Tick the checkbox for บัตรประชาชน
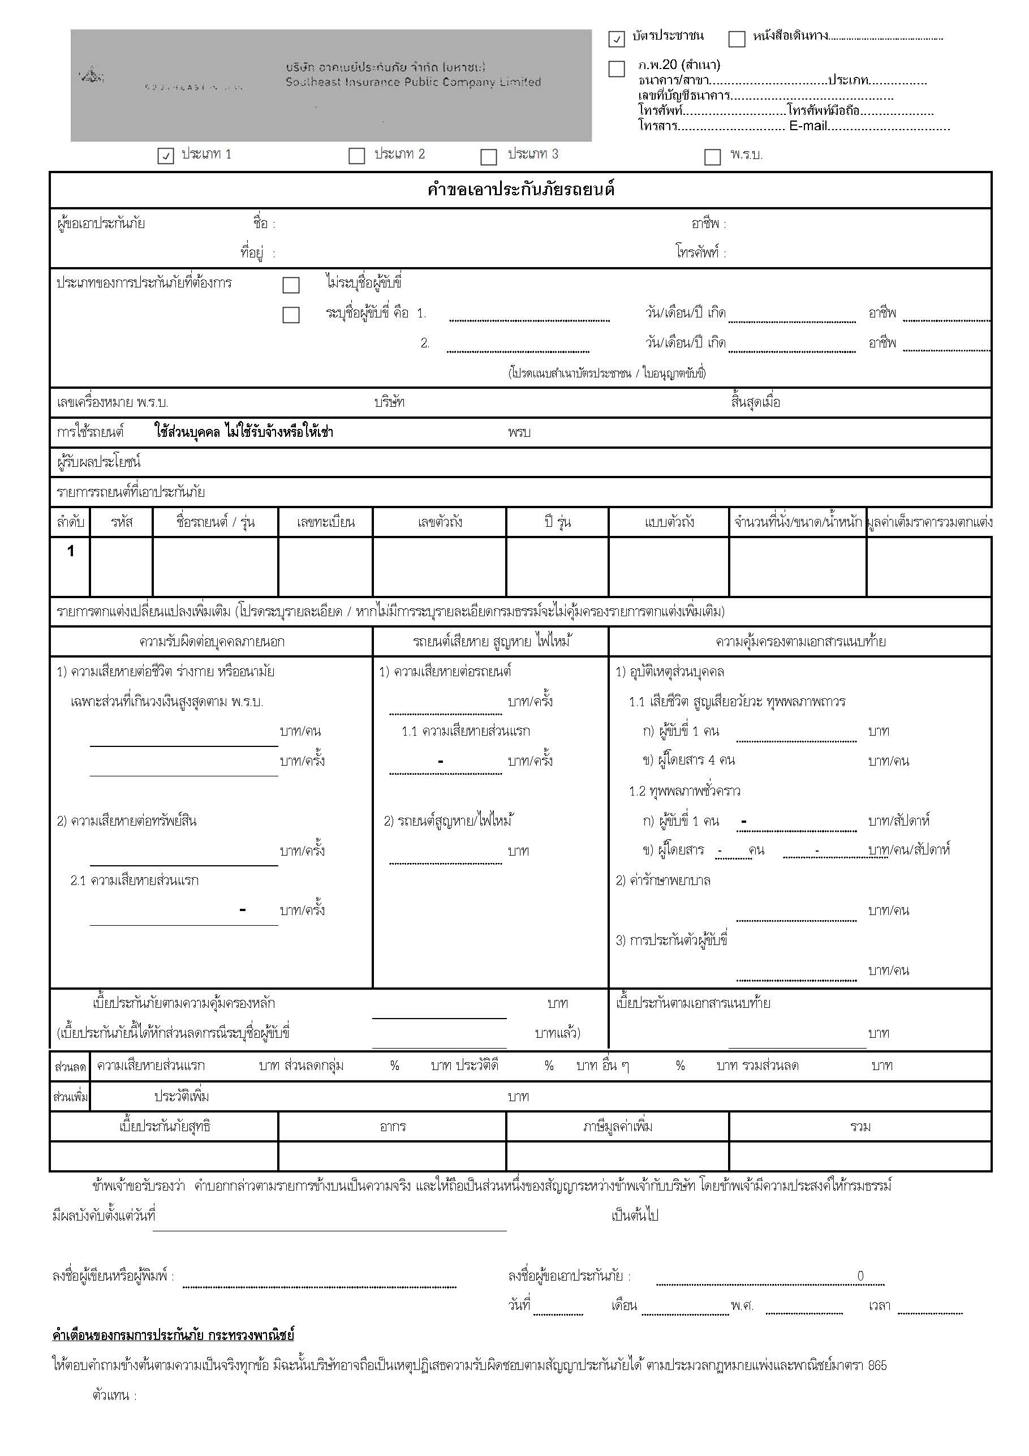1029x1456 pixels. click(x=616, y=39)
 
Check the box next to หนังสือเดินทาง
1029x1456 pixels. click(x=736, y=39)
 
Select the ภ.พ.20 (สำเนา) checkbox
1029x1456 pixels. click(x=616, y=69)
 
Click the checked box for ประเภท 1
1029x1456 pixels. click(x=166, y=156)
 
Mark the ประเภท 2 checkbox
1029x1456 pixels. click(x=357, y=156)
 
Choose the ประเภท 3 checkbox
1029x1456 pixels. click(x=488, y=157)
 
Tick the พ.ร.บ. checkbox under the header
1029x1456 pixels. click(x=713, y=157)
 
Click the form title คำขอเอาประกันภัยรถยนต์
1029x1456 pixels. click(x=520, y=190)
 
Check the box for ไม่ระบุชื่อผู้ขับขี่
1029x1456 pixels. click(x=291, y=285)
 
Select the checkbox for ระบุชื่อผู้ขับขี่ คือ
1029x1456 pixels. click(x=291, y=315)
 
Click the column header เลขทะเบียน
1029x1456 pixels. click(x=325, y=522)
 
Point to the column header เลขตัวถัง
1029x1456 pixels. click(x=440, y=522)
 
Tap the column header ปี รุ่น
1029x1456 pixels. click(x=557, y=522)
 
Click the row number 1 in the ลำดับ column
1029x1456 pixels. click(x=70, y=551)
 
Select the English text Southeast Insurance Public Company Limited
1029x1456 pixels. click(x=413, y=83)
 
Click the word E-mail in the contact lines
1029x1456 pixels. click(x=808, y=126)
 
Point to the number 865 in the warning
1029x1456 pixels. click(x=877, y=1365)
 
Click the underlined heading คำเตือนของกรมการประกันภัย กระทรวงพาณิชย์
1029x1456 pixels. click(x=173, y=1335)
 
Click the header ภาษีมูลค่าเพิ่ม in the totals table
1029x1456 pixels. click(x=618, y=1126)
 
